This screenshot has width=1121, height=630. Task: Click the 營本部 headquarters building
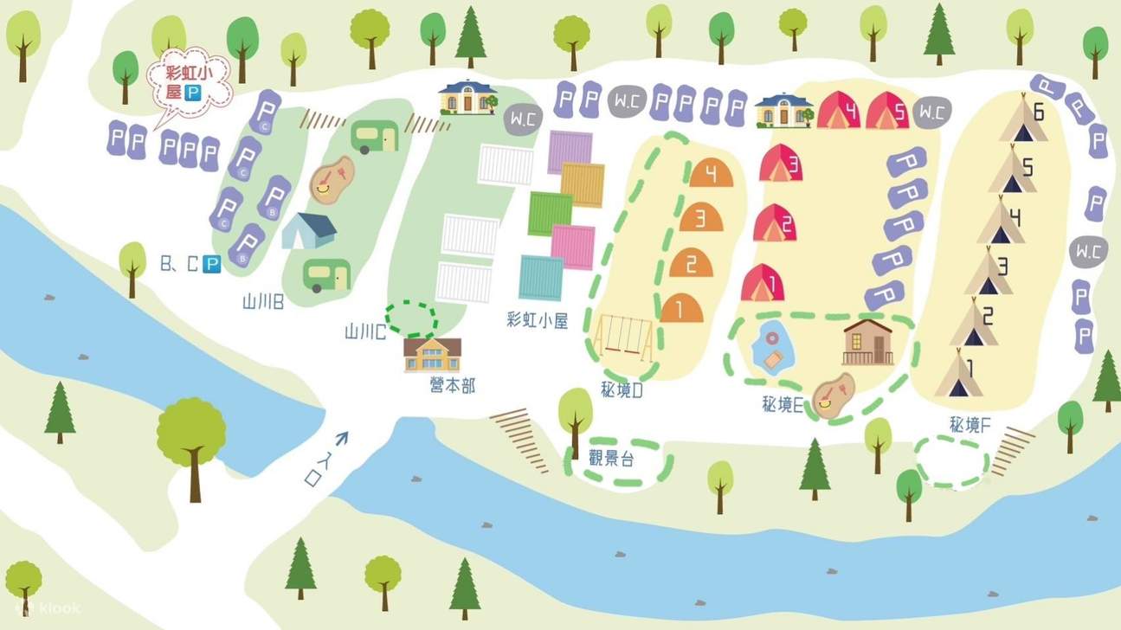[432, 355]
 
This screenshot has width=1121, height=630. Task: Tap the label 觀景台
[611, 459]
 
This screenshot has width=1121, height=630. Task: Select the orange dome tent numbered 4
[711, 174]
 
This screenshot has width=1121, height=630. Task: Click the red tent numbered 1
[763, 283]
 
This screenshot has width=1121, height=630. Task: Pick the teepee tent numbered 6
[1024, 122]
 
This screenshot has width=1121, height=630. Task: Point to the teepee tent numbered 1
[958, 373]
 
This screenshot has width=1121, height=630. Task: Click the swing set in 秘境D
[624, 337]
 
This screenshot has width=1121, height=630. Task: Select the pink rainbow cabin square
[573, 247]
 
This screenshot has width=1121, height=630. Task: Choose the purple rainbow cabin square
[570, 151]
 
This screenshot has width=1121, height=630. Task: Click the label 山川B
[263, 302]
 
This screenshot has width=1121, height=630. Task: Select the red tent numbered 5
[887, 112]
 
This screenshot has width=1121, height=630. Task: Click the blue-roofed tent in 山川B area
[309, 230]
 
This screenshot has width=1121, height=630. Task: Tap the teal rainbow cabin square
[542, 278]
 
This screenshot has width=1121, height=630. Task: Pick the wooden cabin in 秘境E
[868, 342]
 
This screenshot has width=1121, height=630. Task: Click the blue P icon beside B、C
[211, 264]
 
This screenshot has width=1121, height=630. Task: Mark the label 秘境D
[622, 390]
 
